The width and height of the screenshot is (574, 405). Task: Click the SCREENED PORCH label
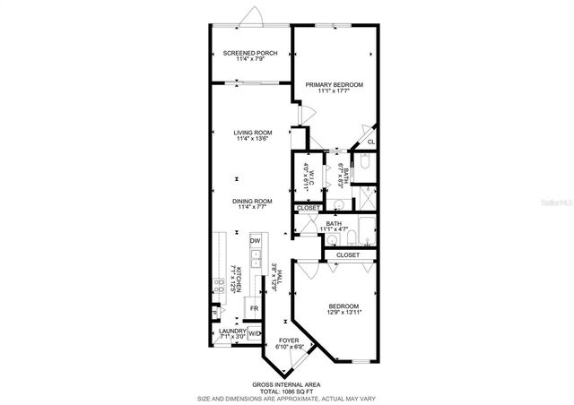coord(249,53)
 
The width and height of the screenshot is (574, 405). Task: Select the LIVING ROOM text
coord(254,133)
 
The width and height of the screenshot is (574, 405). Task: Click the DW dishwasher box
coord(255,241)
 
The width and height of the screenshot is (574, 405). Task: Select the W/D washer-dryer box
coord(253,334)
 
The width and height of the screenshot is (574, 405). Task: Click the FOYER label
coord(289,340)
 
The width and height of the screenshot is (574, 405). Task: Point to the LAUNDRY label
coord(232,332)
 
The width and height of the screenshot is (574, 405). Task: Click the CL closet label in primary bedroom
coord(370,142)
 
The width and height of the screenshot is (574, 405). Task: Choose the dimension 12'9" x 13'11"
coord(343,312)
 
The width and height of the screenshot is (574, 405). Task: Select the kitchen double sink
coord(255,259)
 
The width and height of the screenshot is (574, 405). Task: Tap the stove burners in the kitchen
coord(218,287)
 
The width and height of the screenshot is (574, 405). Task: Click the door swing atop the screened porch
coord(256,16)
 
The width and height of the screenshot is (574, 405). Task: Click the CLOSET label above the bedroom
coord(348,255)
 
